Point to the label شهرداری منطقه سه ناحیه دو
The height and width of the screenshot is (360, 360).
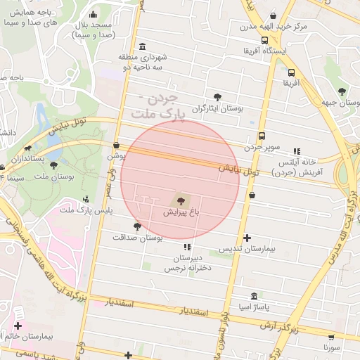143,60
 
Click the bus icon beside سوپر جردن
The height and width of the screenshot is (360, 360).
262,136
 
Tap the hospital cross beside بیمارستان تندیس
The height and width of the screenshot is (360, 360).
247,238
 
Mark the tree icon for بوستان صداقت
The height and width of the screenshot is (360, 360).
136,226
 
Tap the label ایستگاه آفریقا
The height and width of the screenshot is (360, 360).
263,51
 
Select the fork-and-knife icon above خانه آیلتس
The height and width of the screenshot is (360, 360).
297,150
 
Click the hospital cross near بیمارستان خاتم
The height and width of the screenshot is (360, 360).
18,326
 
